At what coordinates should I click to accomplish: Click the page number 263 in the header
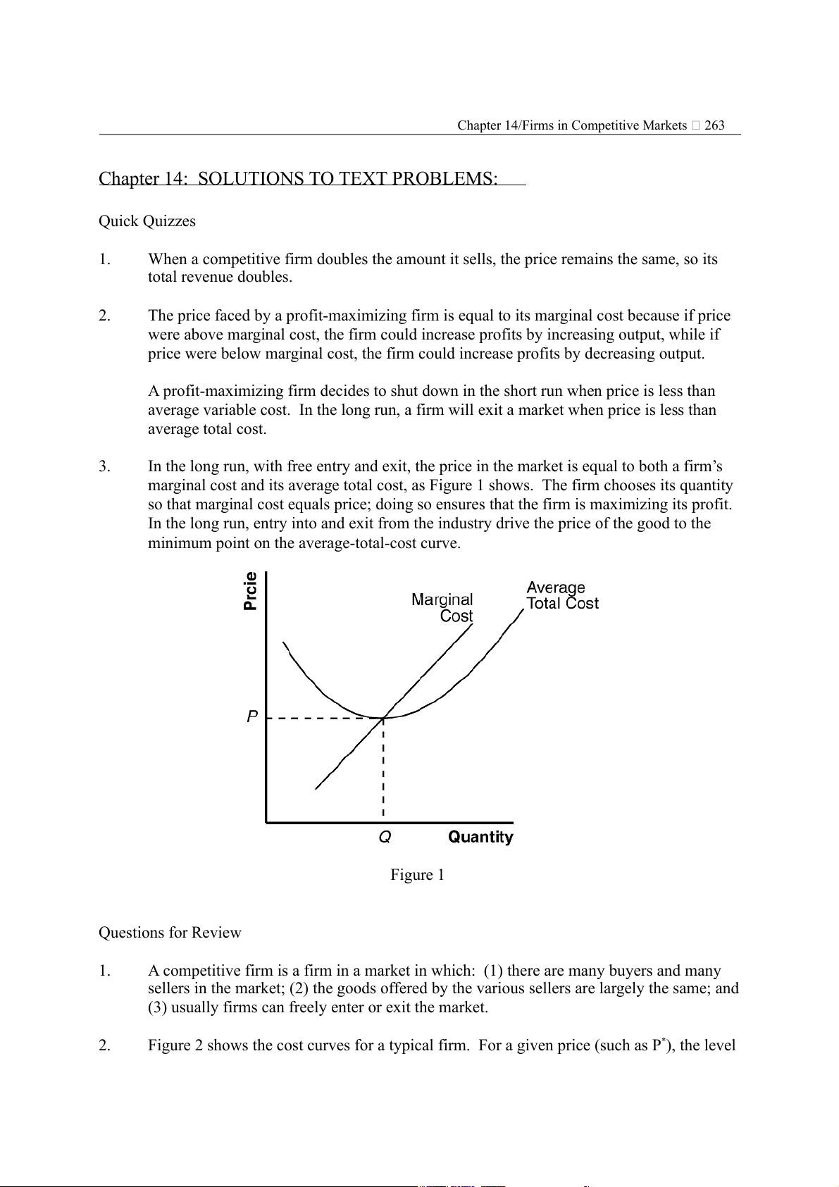(x=714, y=125)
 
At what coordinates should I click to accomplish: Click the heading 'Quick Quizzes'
(x=147, y=221)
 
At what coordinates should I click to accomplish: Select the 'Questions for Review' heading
(x=170, y=933)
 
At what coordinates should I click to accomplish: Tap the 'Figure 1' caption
(x=417, y=875)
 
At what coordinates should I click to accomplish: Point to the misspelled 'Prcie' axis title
(x=250, y=591)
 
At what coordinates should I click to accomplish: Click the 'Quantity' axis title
(x=480, y=837)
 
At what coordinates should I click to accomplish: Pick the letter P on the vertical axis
(x=252, y=716)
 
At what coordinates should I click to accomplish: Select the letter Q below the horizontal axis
(x=385, y=837)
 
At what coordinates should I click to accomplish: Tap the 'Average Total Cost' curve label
(x=561, y=595)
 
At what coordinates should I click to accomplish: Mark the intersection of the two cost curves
(x=383, y=718)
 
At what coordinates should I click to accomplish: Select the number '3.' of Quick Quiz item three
(x=104, y=466)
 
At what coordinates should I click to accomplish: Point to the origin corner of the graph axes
(x=266, y=822)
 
